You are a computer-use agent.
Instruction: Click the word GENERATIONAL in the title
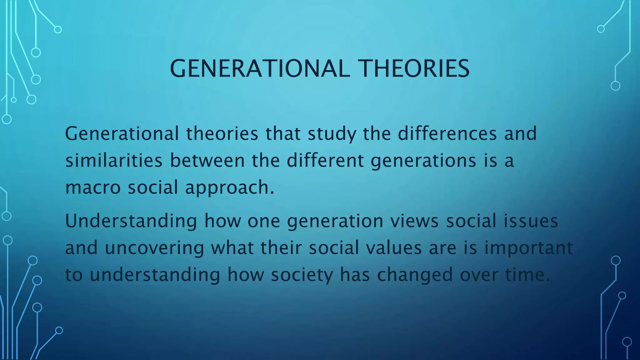[x=260, y=68]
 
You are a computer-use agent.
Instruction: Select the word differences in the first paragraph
[x=447, y=133]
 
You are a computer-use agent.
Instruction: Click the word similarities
[x=114, y=160]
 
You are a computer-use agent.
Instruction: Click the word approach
[x=229, y=188]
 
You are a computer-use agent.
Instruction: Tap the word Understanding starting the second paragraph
[x=131, y=221]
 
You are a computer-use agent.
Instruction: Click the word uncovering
[x=154, y=248]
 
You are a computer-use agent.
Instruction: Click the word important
[x=528, y=248]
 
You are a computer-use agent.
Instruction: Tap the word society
[x=302, y=275]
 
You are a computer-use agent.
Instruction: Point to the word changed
[x=415, y=275]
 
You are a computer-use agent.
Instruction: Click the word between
[x=207, y=160]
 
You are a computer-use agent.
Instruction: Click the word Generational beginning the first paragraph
[x=122, y=133]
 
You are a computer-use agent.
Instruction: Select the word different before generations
[x=325, y=160]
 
